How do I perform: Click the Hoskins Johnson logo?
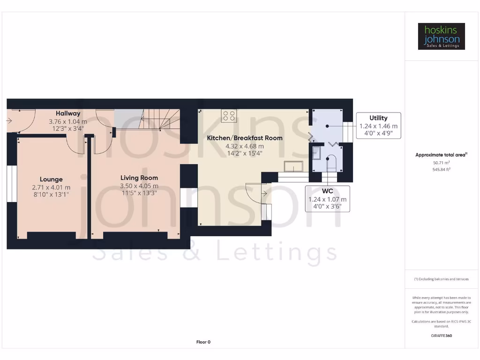point(441,37)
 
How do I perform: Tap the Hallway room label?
point(68,113)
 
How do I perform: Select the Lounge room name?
point(51,179)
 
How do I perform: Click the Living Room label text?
point(139,178)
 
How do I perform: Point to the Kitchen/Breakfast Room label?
point(245,138)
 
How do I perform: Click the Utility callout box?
point(378,126)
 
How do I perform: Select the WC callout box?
point(327,199)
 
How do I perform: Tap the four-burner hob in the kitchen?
point(229,115)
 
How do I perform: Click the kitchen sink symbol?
point(293,166)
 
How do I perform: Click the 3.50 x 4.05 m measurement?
point(139,186)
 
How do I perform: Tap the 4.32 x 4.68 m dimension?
point(245,146)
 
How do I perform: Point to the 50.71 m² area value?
point(441,163)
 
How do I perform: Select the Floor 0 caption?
point(203,342)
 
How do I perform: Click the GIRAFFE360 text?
point(441,336)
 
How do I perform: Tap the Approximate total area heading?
point(441,155)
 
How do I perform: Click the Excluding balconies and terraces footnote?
point(441,279)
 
